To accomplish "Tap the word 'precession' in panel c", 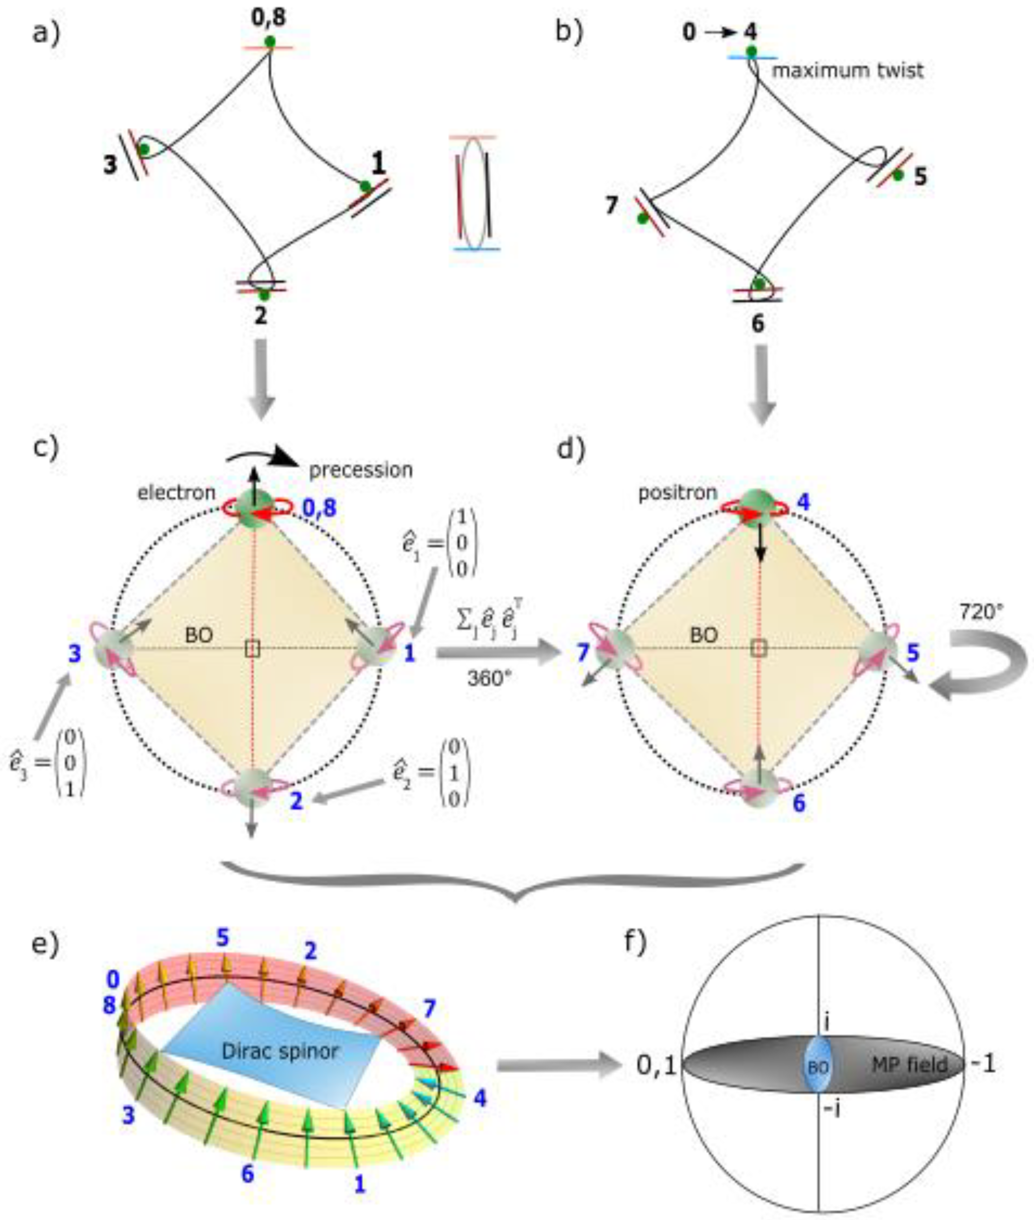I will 361,470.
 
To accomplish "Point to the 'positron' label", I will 677,493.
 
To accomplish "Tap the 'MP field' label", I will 910,1064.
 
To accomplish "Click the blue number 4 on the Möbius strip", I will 480,1098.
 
